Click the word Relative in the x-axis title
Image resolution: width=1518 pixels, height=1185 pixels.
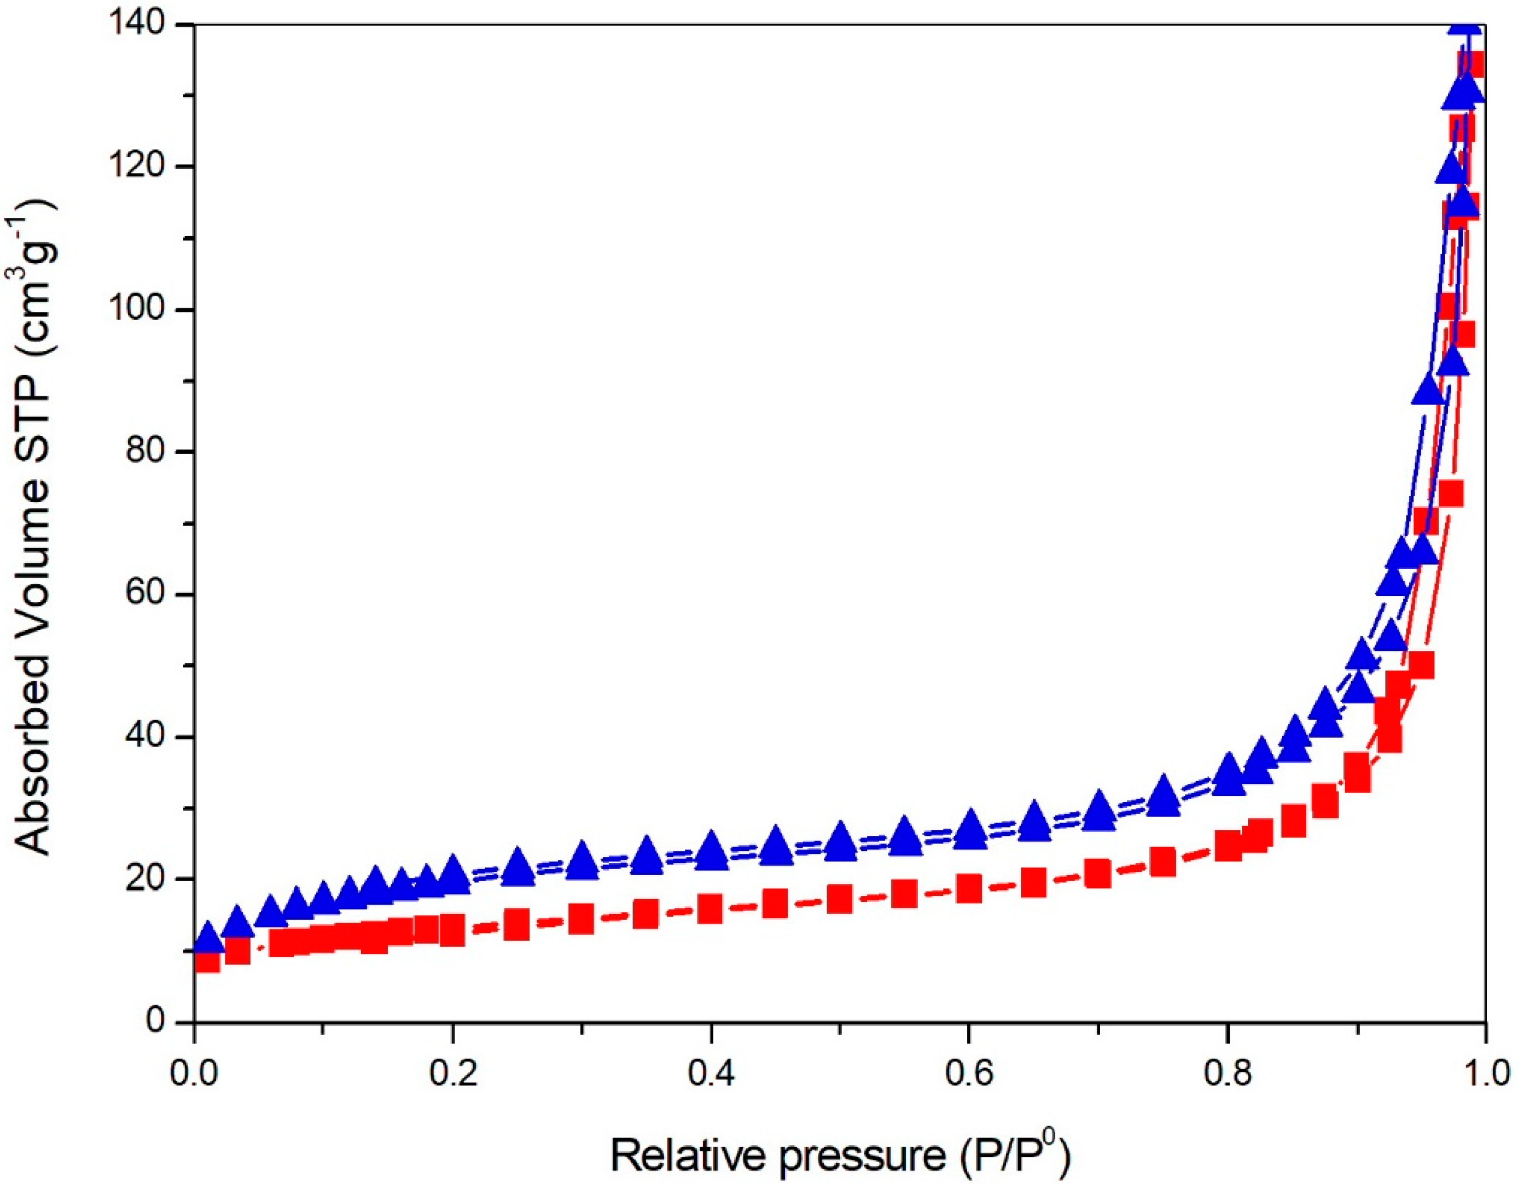685,1139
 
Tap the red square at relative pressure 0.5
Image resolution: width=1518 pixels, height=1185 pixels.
840,899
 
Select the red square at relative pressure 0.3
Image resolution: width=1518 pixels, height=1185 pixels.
581,918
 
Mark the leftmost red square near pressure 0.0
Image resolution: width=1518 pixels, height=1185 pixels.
207,961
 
